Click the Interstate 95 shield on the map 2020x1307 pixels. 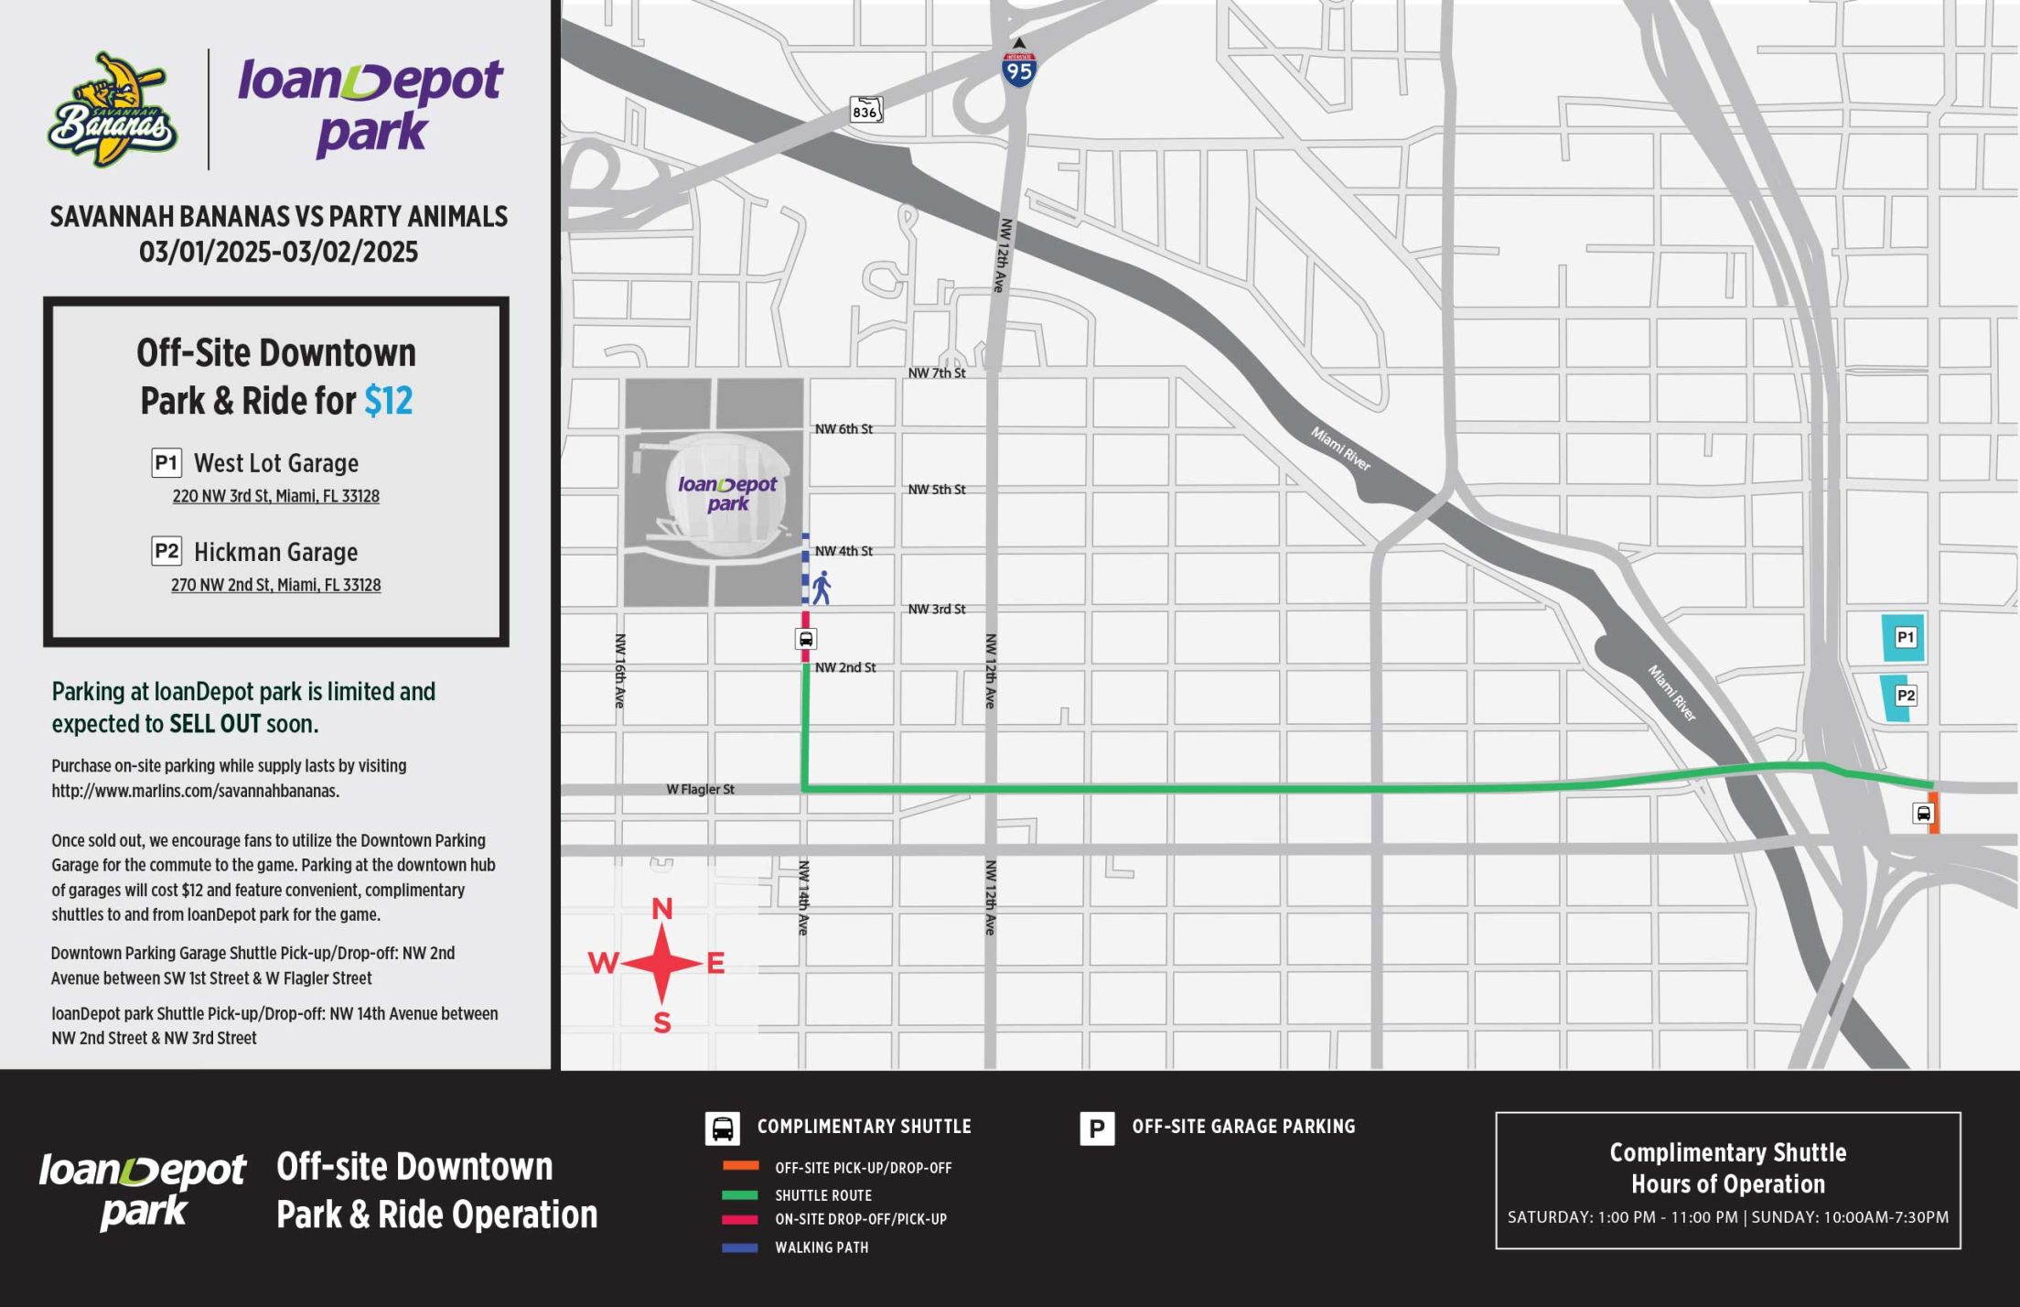click(x=1018, y=70)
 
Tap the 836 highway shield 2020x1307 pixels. click(x=865, y=111)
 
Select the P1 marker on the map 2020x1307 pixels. click(x=1905, y=637)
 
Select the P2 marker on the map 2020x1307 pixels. click(x=1905, y=696)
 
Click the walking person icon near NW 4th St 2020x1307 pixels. click(x=822, y=588)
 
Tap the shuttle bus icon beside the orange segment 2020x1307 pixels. click(x=1923, y=813)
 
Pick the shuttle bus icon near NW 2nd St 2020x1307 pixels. click(x=805, y=639)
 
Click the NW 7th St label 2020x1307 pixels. click(x=936, y=373)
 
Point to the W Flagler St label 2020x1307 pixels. click(x=700, y=789)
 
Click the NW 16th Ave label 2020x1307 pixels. click(x=620, y=670)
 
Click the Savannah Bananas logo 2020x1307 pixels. click(x=112, y=110)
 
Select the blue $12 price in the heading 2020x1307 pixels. click(x=388, y=401)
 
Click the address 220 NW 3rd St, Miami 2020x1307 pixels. click(x=275, y=496)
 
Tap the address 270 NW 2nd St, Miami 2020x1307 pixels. click(x=275, y=585)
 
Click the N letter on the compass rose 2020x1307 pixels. click(x=661, y=909)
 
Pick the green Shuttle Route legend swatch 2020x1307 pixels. click(x=739, y=1194)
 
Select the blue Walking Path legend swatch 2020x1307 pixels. click(x=739, y=1247)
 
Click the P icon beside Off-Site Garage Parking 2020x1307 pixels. click(x=1096, y=1129)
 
